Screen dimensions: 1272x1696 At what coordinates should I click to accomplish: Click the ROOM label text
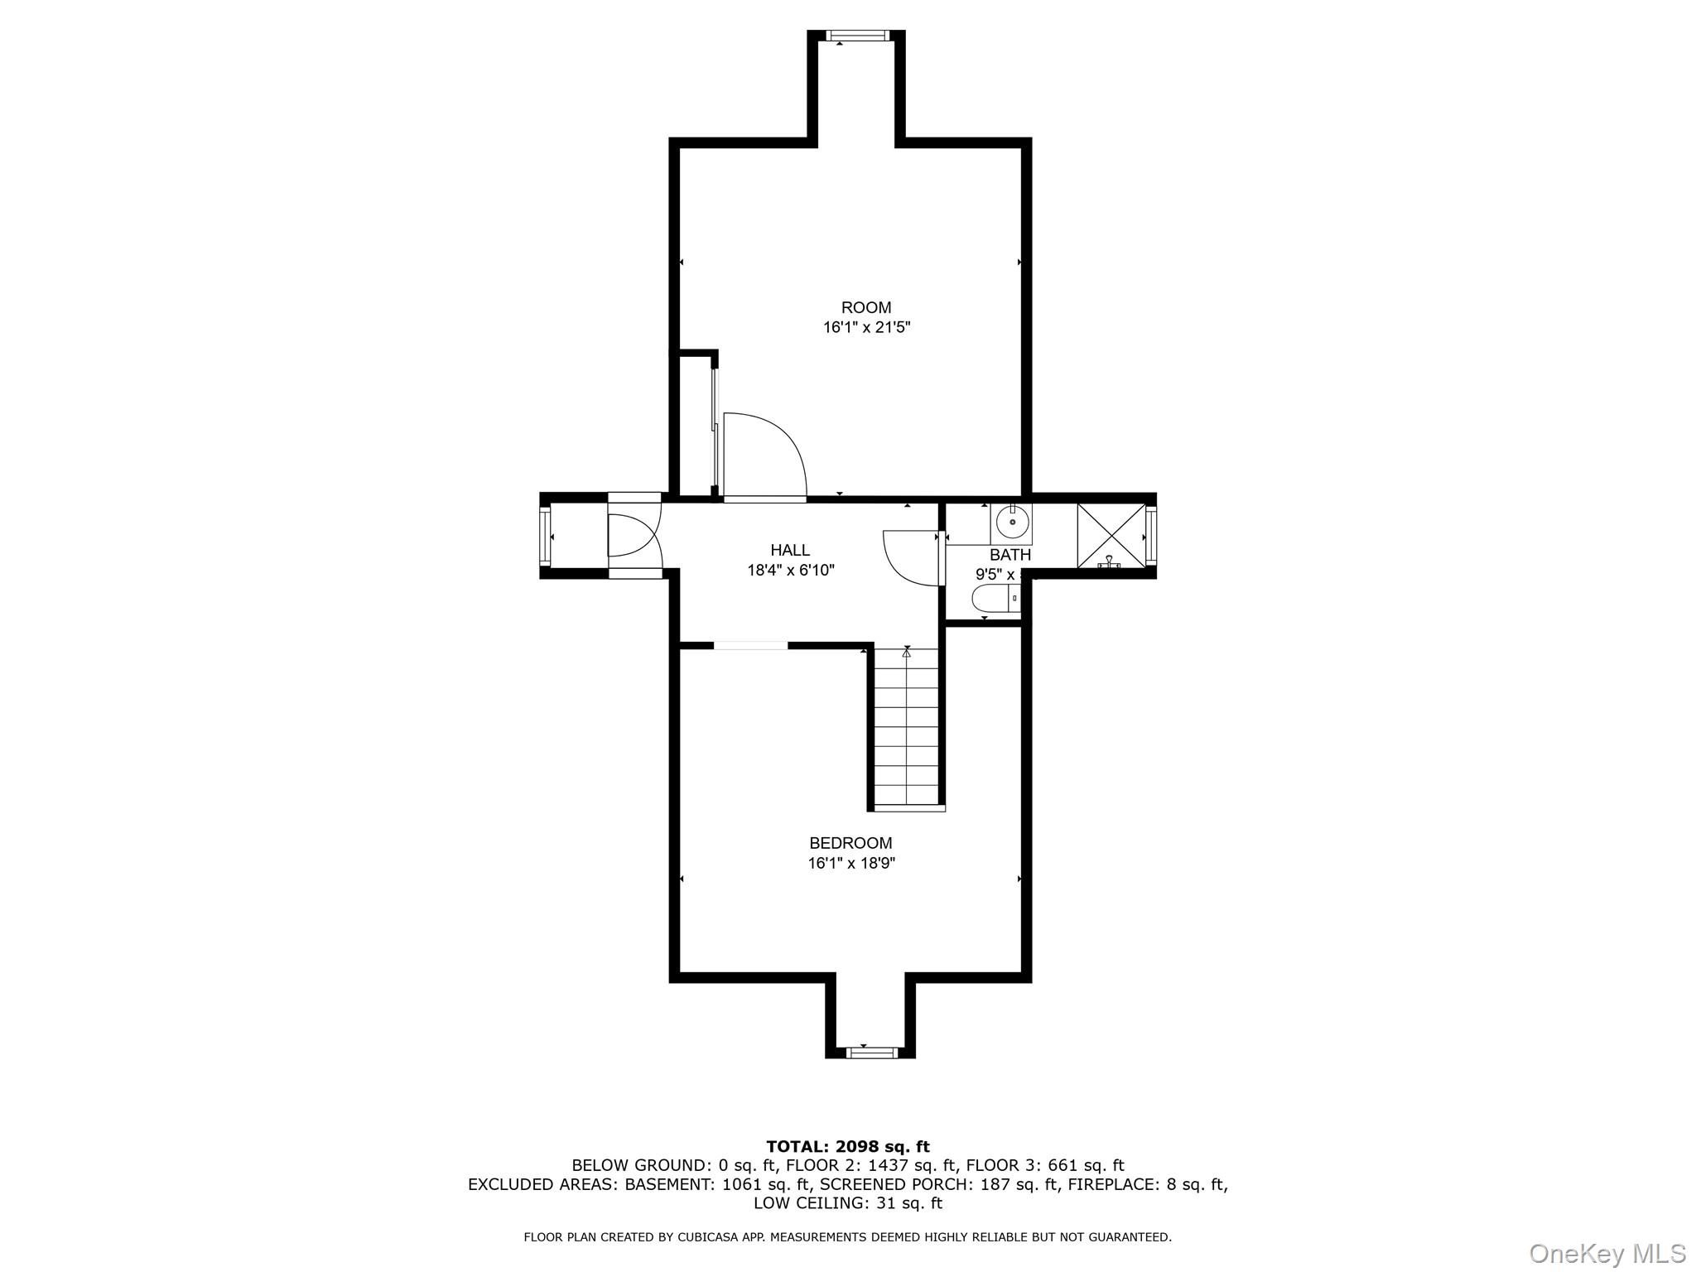tap(866, 307)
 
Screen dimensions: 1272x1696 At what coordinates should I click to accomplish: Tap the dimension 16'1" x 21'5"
tap(866, 328)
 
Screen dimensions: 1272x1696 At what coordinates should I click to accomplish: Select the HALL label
tap(790, 550)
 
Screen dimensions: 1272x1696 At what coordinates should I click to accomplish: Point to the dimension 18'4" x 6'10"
tap(790, 571)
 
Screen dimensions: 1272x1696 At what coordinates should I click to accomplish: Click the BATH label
tap(1010, 555)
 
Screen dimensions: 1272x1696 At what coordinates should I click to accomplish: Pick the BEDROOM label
tap(850, 843)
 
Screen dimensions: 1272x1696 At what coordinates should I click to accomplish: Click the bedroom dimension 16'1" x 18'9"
tap(851, 864)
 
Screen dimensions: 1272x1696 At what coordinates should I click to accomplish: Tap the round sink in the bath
tap(1013, 523)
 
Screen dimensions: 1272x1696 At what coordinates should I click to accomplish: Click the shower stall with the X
tap(1111, 536)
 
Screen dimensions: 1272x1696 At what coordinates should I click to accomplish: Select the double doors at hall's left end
tap(634, 536)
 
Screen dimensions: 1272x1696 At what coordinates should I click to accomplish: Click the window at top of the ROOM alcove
tap(856, 36)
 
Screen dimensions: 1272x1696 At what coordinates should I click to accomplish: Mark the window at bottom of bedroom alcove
tap(871, 1053)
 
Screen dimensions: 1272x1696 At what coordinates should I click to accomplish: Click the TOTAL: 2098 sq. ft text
tap(848, 1147)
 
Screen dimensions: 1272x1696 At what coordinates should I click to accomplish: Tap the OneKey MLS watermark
tap(1607, 1253)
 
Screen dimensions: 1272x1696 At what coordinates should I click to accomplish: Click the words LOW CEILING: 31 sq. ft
tap(848, 1203)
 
